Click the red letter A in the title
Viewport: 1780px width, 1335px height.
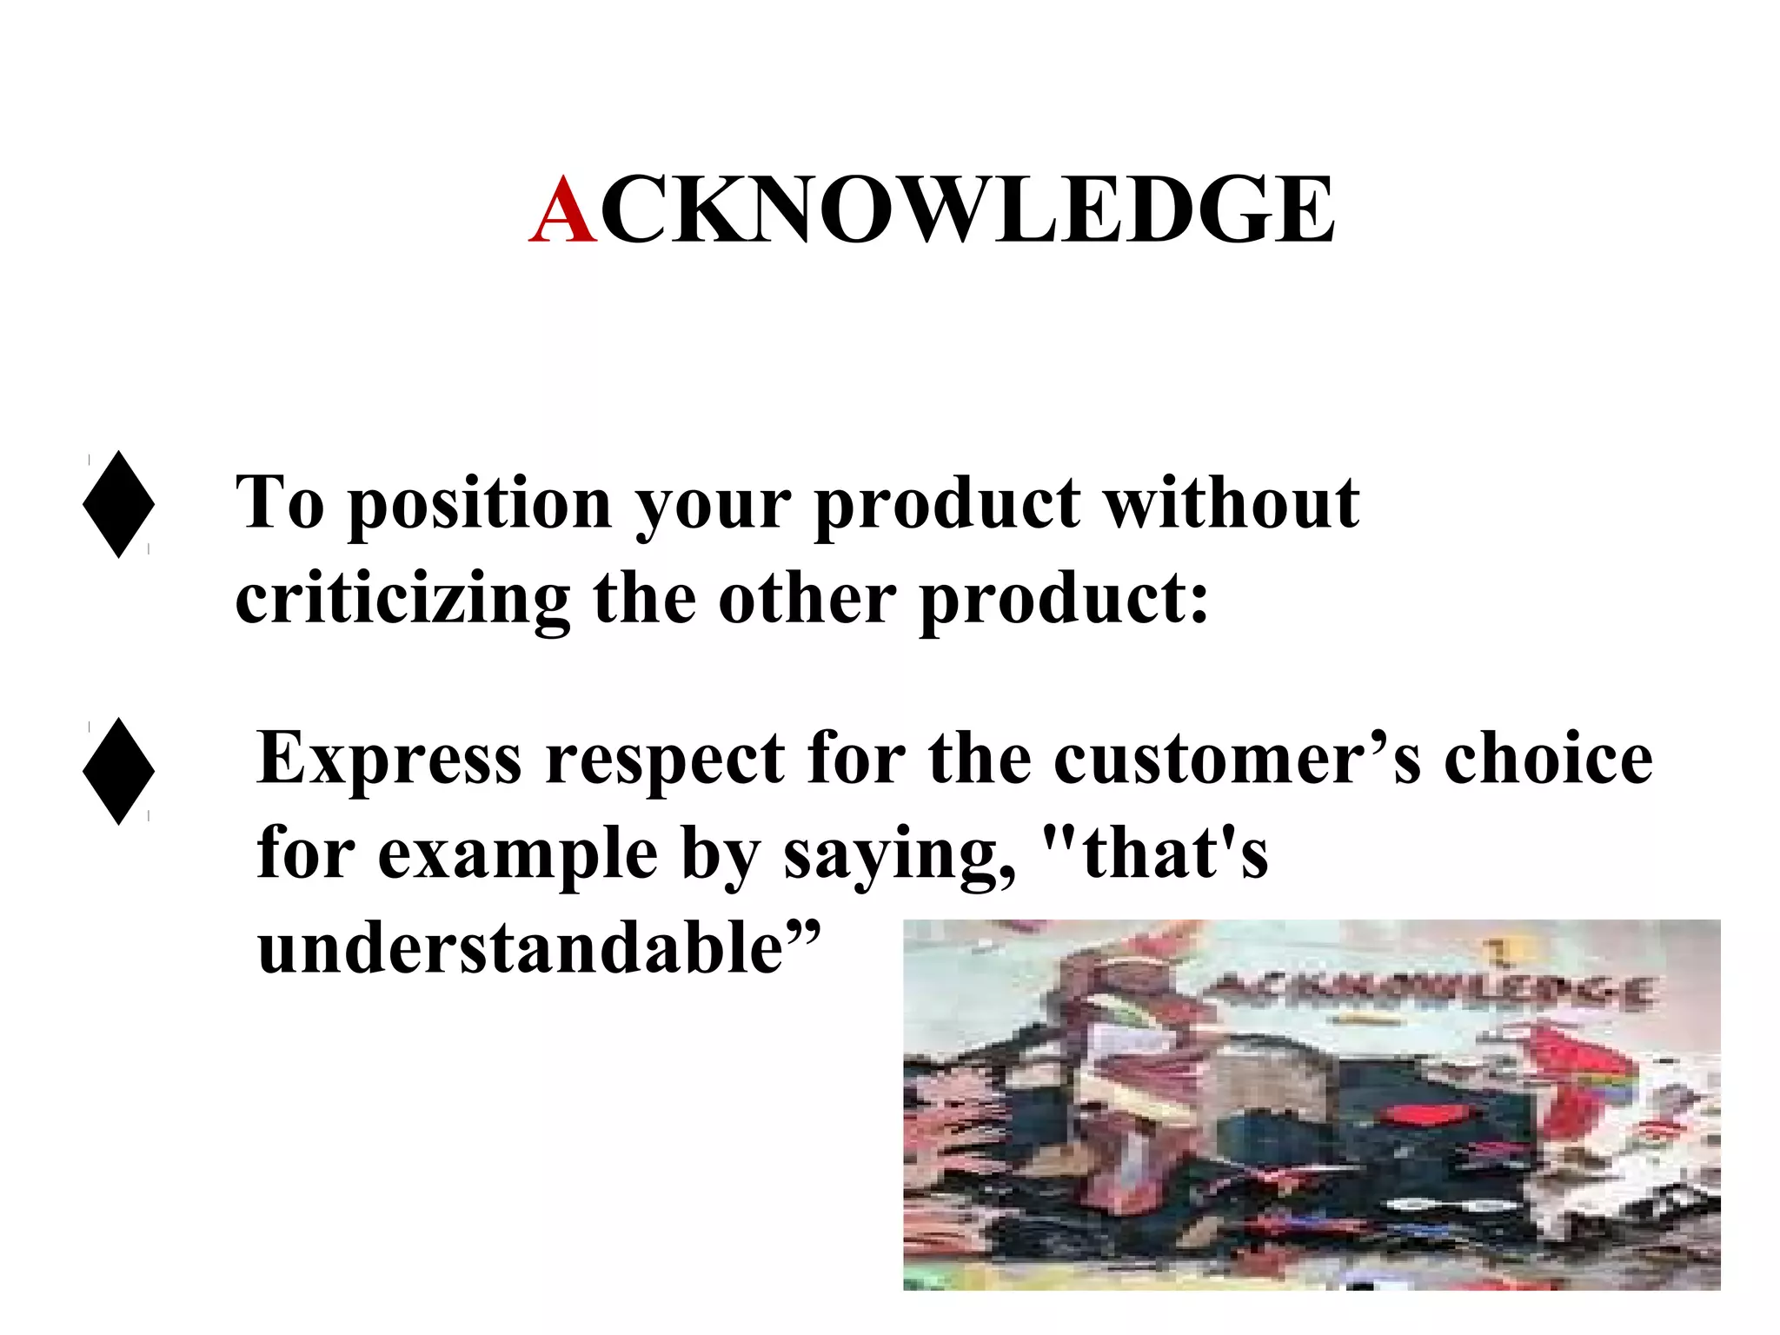click(564, 210)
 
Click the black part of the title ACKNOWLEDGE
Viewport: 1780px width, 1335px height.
click(966, 210)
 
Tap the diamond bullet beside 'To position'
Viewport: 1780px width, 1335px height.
click(119, 504)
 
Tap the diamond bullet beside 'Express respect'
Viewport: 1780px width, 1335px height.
click(119, 771)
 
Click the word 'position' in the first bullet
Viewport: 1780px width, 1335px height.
click(480, 504)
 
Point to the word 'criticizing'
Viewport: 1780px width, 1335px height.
click(402, 600)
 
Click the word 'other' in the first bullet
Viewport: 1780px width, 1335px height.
click(807, 600)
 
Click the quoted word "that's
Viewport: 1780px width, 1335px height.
click(1155, 853)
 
